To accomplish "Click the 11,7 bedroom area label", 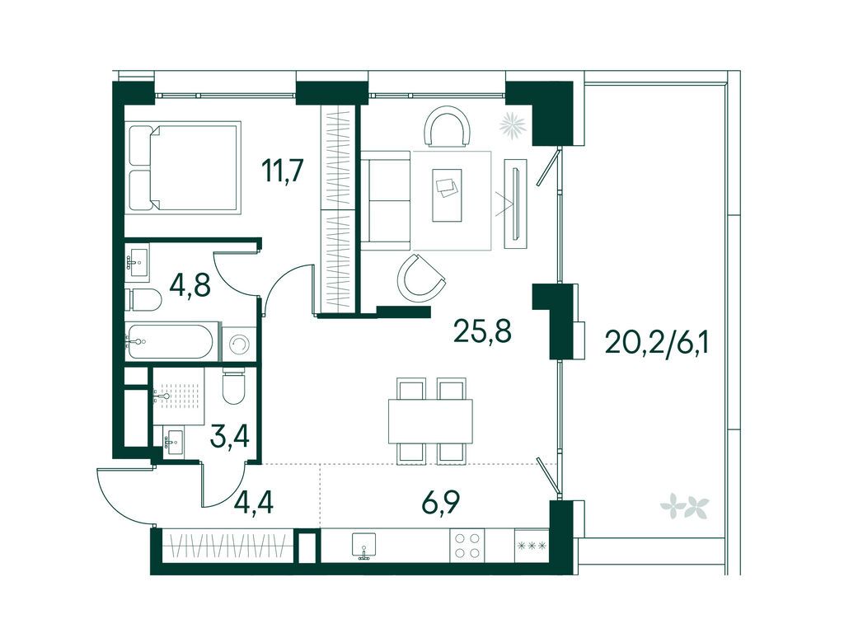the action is [x=284, y=171].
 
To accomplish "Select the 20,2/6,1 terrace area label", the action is [x=657, y=340].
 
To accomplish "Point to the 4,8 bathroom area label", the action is [x=190, y=285].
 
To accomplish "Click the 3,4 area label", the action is [x=230, y=436].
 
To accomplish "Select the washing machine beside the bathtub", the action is [x=238, y=342].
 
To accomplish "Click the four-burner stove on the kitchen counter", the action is [x=467, y=545].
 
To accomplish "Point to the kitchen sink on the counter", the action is [x=364, y=545].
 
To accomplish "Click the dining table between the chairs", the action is [x=430, y=421].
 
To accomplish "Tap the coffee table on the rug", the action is [x=448, y=195].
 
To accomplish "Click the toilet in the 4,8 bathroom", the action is [x=143, y=300].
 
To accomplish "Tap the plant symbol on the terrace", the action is [x=685, y=506].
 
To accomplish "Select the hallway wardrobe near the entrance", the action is [x=227, y=546].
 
